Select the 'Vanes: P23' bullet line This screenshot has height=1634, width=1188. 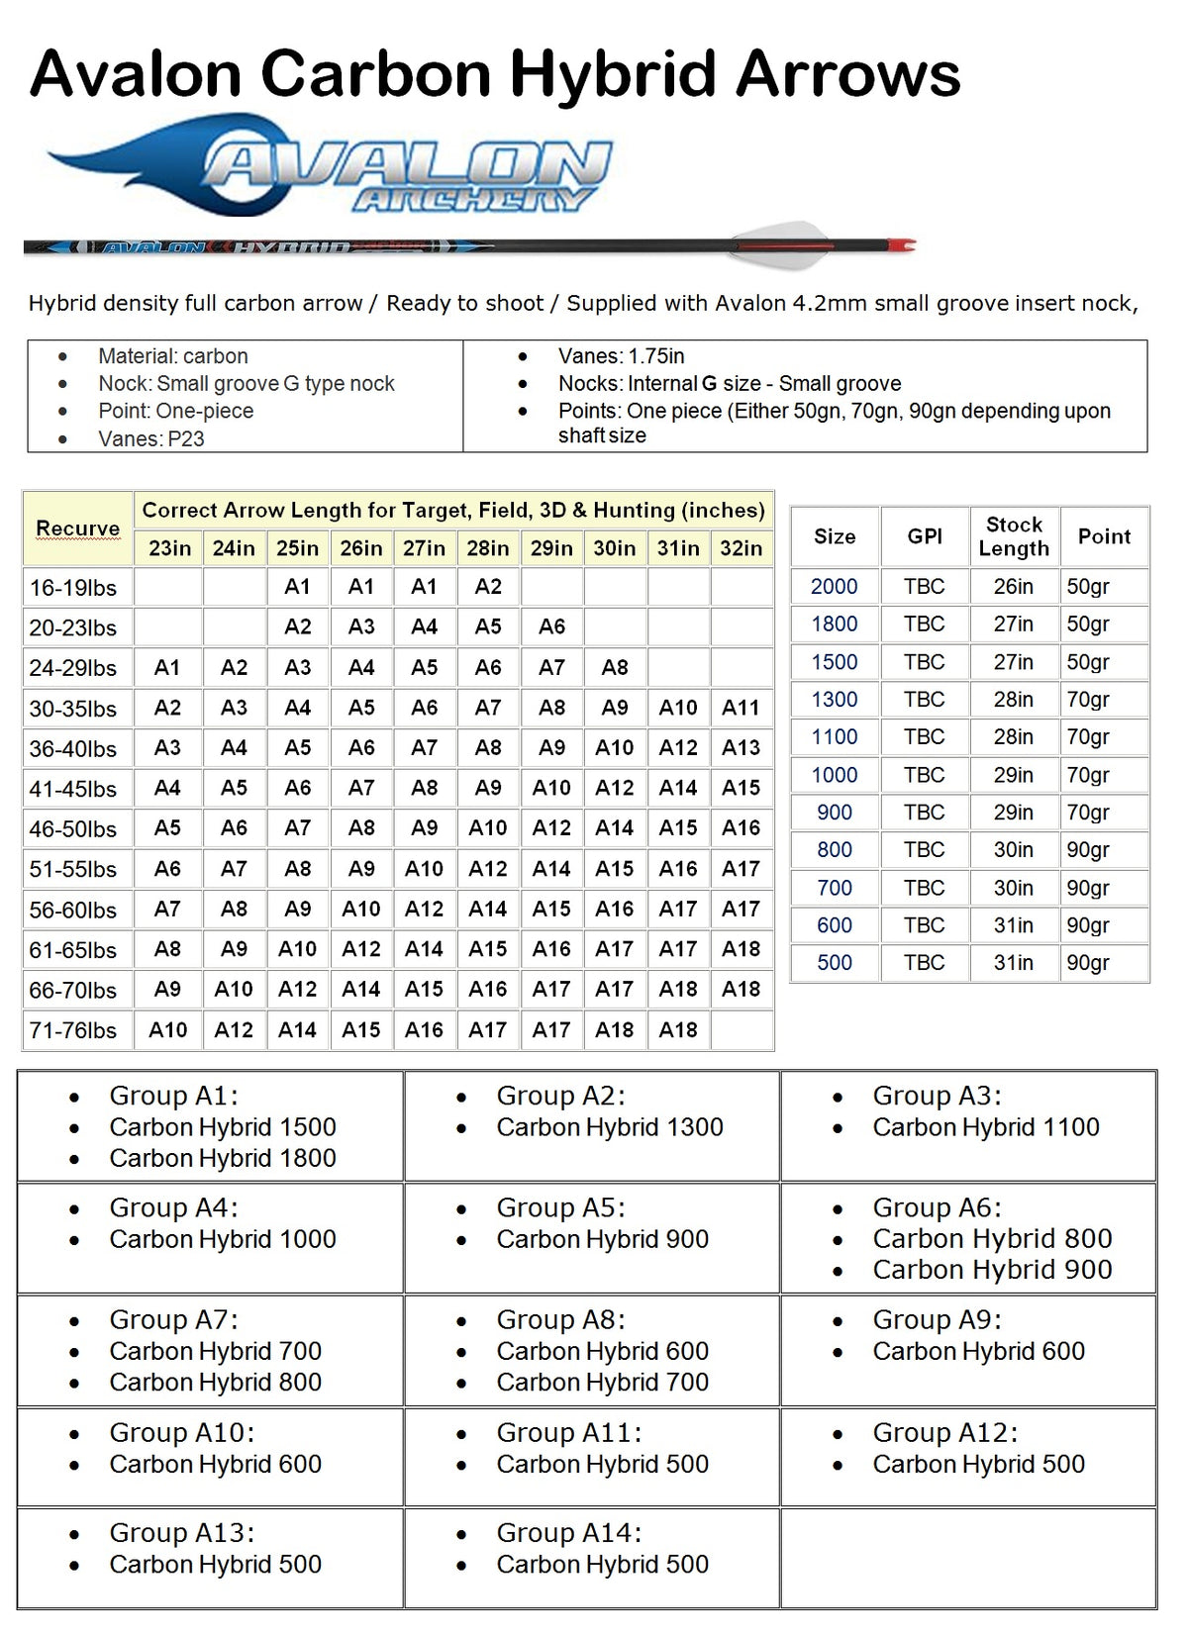[150, 438]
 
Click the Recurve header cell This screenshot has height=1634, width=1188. [77, 529]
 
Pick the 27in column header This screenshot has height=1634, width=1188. [424, 547]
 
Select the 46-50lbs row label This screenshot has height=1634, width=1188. [73, 828]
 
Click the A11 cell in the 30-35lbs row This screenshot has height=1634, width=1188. [741, 708]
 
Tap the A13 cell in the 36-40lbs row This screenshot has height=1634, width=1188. [741, 748]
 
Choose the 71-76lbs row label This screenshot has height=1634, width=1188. [73, 1030]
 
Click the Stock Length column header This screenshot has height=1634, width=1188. [1014, 536]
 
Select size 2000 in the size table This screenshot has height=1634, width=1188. [835, 586]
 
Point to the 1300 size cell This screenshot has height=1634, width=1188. [835, 700]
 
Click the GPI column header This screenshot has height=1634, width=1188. [925, 536]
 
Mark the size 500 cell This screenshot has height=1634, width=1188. [835, 962]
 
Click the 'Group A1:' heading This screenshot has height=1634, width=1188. [173, 1096]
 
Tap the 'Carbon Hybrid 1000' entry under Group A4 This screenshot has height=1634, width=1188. [223, 1239]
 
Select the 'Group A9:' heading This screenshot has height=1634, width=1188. [937, 1319]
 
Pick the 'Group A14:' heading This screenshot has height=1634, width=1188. [568, 1533]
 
